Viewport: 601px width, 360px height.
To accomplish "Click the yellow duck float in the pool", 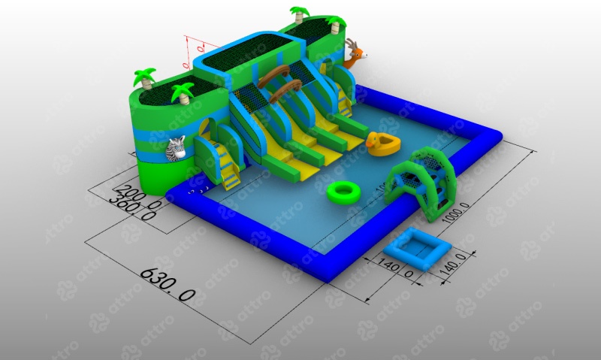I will coord(382,144).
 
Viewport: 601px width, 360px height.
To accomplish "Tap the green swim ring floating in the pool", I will coord(345,192).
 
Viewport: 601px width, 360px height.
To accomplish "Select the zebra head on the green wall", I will coord(176,150).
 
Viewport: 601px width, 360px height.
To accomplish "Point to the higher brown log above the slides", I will coord(275,71).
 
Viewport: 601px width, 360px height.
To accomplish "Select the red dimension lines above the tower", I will coord(192,48).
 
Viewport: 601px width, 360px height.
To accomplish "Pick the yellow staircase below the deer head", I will coord(343,98).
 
